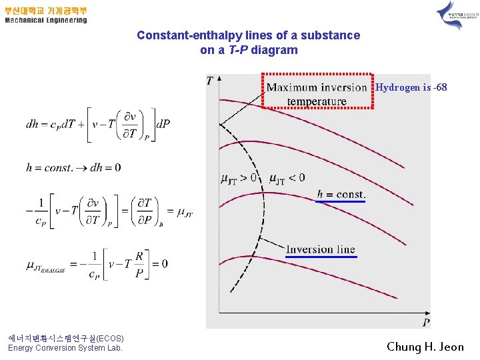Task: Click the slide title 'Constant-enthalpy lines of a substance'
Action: pyautogui.click(x=248, y=35)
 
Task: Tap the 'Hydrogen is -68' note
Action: pyautogui.click(x=411, y=87)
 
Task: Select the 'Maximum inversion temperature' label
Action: pyautogui.click(x=317, y=94)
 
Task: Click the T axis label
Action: pyautogui.click(x=210, y=81)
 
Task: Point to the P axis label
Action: pyautogui.click(x=425, y=323)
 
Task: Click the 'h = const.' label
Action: pyautogui.click(x=341, y=194)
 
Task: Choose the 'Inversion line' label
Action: pyautogui.click(x=321, y=249)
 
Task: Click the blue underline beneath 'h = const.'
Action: pyautogui.click(x=341, y=201)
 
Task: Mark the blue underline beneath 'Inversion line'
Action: pyautogui.click(x=321, y=257)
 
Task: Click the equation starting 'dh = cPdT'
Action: pyautogui.click(x=98, y=123)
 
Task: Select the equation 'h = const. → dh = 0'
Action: pyautogui.click(x=73, y=167)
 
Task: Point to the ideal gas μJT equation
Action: pyautogui.click(x=97, y=263)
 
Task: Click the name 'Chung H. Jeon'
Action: pyautogui.click(x=425, y=347)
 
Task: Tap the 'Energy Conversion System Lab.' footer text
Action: pyautogui.click(x=65, y=348)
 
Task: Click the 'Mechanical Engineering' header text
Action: pyautogui.click(x=46, y=20)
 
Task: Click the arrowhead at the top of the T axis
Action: pyautogui.click(x=219, y=79)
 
